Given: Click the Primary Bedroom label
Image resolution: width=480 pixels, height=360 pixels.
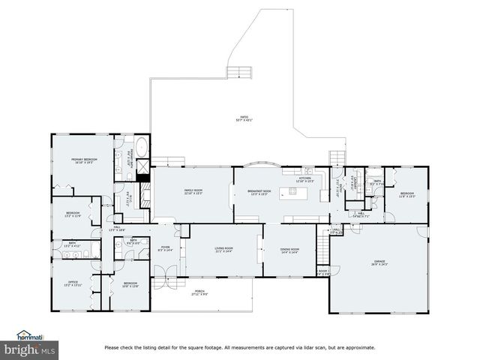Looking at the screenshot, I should (x=84, y=161).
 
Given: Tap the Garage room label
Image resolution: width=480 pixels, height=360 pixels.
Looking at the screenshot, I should (x=379, y=263).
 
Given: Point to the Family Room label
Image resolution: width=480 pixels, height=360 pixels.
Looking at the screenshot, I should (x=193, y=192).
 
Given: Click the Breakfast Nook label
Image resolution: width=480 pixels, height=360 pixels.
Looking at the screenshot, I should (x=259, y=192).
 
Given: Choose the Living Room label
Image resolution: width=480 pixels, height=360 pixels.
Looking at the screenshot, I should (x=223, y=250).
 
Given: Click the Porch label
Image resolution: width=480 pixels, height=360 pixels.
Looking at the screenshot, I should (x=199, y=293).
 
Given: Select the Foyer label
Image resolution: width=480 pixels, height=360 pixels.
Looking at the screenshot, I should (x=166, y=248).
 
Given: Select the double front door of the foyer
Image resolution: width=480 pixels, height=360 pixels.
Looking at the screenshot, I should (x=161, y=283).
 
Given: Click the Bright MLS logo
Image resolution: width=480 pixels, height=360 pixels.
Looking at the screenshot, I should (x=30, y=349).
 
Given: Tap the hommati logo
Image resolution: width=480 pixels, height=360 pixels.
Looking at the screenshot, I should (x=30, y=335).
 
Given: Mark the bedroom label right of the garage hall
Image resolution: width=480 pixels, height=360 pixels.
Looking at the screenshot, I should (x=407, y=194).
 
